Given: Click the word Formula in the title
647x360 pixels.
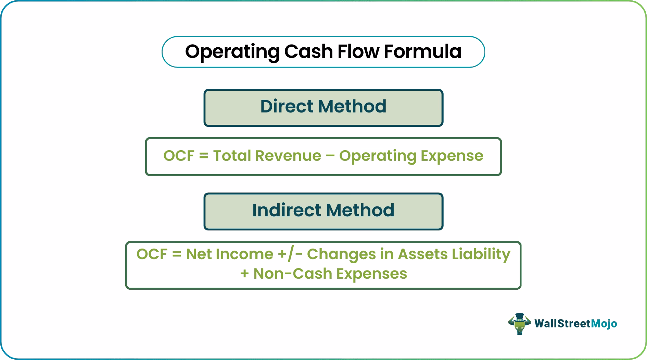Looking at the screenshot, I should pyautogui.click(x=422, y=51).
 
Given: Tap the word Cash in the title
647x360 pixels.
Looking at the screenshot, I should pyautogui.click(x=308, y=51).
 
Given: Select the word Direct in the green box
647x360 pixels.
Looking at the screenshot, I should pyautogui.click(x=287, y=106).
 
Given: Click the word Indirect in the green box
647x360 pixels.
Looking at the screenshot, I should pyautogui.click(x=286, y=210).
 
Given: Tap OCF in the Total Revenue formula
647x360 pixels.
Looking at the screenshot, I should pyautogui.click(x=179, y=156).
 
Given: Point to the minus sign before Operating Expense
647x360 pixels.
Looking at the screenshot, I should pyautogui.click(x=330, y=156).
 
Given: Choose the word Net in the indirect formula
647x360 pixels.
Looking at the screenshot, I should pyautogui.click(x=198, y=254).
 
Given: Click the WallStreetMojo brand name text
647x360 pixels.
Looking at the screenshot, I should pyautogui.click(x=575, y=323).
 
